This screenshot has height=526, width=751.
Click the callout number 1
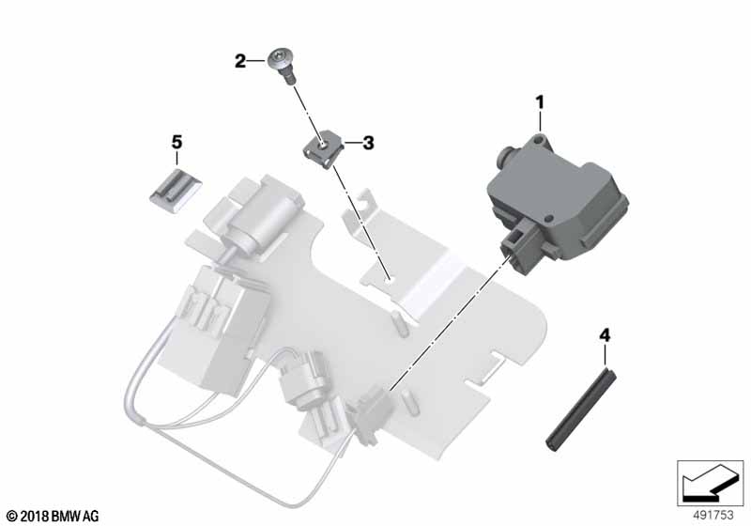point(540,102)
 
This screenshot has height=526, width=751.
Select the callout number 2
point(240,61)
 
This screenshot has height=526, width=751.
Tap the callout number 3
point(368,143)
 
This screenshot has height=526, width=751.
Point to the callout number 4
point(605,335)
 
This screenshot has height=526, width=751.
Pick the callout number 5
point(176,142)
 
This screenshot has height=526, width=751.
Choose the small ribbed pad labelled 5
point(175,192)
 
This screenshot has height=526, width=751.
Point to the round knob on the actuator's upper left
point(505,154)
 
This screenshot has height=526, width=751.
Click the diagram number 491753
point(713,515)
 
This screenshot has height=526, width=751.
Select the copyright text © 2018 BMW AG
point(54,516)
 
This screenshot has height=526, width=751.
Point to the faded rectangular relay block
point(216,326)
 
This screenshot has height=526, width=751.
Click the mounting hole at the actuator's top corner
point(539,140)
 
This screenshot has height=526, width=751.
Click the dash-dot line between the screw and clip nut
point(308,114)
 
